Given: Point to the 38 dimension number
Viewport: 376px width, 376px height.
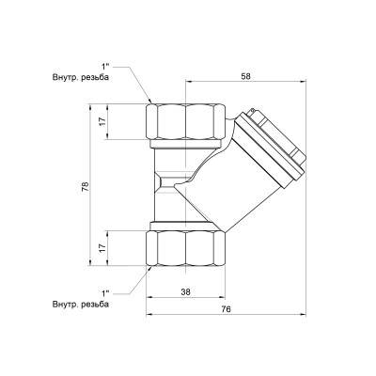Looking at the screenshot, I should pos(186,291).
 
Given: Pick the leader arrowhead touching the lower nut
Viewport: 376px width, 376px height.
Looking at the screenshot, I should pos(149,268).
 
